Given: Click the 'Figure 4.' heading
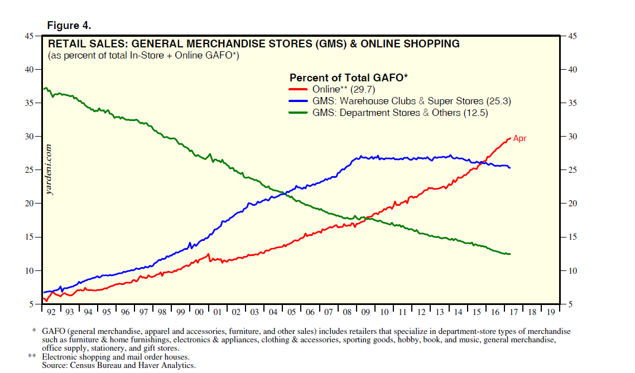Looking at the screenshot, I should (69, 26).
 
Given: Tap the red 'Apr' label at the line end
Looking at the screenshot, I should (519, 139).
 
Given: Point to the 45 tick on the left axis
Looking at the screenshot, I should (28, 36).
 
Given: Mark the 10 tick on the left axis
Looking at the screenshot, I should (28, 271).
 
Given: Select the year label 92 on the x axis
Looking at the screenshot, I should (51, 313).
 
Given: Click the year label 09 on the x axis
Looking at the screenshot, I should (365, 313).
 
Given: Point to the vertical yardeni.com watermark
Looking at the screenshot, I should (50, 170).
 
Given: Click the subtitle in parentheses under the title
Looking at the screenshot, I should (143, 55).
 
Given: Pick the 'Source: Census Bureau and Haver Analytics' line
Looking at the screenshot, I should (119, 365).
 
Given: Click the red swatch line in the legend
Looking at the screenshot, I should (299, 89).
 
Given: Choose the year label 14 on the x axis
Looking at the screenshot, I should (458, 313).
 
